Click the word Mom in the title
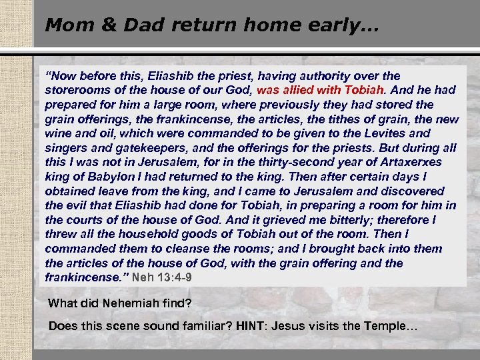[63, 25]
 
